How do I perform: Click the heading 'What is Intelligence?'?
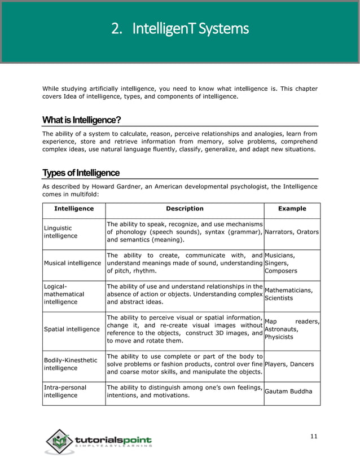point(81,120)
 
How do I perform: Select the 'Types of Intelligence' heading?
point(81,173)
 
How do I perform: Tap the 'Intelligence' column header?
point(74,209)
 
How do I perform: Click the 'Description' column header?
point(185,209)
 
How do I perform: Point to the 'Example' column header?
point(292,209)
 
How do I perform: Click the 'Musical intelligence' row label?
point(72,262)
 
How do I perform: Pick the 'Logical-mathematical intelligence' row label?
point(64,294)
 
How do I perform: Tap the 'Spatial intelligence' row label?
point(72,329)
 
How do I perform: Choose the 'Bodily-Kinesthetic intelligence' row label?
point(71,364)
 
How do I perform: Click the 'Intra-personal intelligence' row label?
point(65,392)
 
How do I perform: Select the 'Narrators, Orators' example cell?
point(292,232)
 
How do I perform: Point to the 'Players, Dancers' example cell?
point(289,364)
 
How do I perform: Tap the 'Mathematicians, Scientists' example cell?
point(288,294)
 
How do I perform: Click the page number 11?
point(314,436)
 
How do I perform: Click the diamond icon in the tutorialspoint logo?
point(59,442)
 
